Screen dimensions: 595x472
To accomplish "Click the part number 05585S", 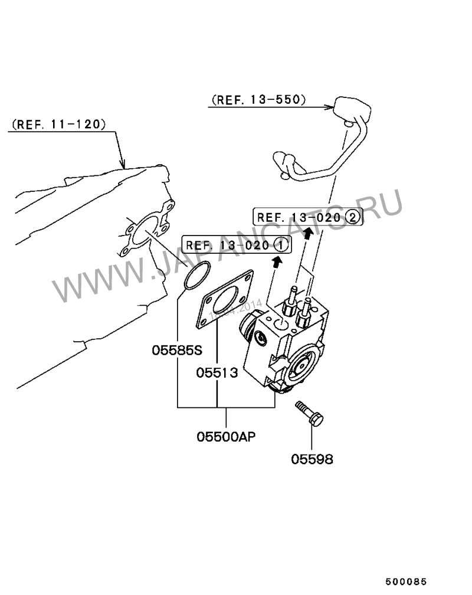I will tap(177, 350).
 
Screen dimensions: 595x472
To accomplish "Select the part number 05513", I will tap(217, 372).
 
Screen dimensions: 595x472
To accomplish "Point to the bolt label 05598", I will tap(312, 459).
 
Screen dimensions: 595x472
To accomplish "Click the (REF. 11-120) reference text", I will tap(58, 125).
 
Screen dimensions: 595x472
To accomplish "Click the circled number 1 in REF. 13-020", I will tap(281, 244).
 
